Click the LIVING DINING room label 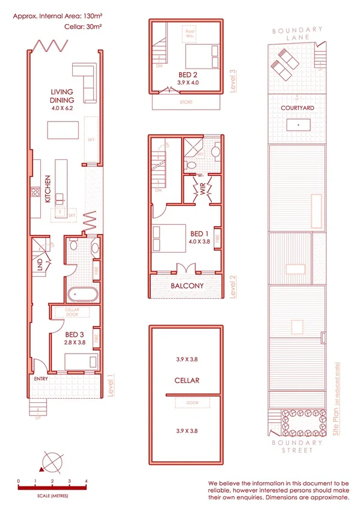coord(62,96)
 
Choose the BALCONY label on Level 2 coord(186,286)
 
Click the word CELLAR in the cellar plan coord(187,380)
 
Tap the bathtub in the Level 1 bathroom coord(82,295)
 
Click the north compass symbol coord(50,463)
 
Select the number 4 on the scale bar coord(87,482)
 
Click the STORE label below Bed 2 coord(187,103)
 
